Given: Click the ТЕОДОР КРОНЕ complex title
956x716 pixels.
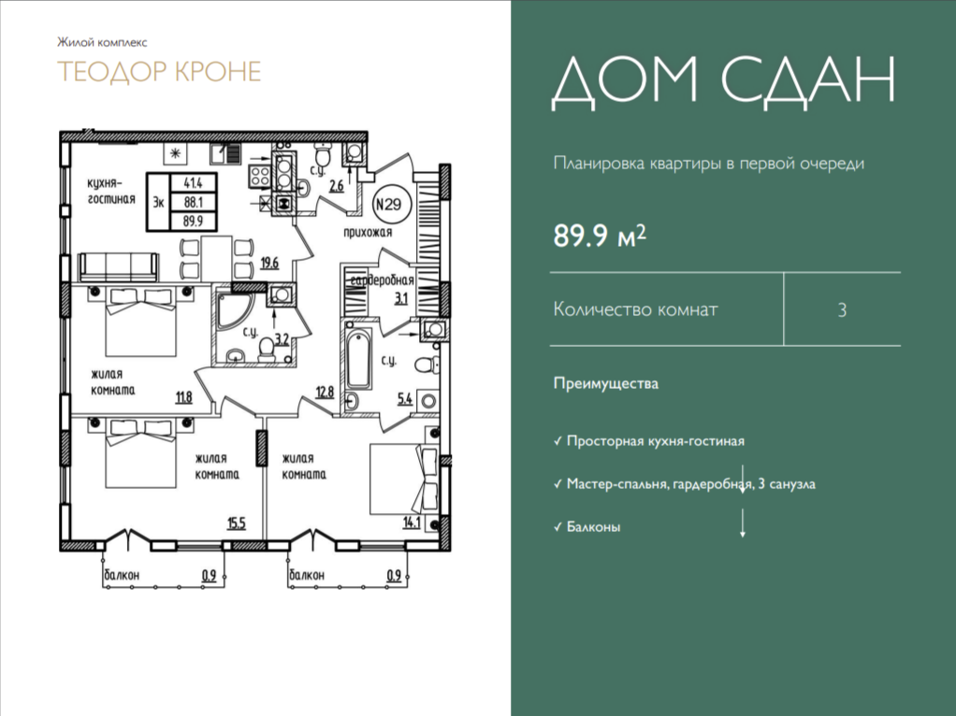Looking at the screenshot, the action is click(x=159, y=71).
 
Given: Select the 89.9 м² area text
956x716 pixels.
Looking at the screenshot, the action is click(x=600, y=236).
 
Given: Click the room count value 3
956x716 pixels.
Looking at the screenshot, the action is click(x=842, y=310).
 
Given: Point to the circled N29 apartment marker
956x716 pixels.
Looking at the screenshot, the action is click(x=388, y=204).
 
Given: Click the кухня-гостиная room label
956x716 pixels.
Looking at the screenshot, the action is click(x=111, y=191).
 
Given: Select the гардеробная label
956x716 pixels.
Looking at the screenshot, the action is click(x=382, y=280).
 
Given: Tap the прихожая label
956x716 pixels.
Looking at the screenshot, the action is click(x=368, y=232).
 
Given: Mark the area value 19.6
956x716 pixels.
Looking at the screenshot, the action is click(x=269, y=264).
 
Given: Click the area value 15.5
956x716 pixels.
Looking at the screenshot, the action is click(x=237, y=523).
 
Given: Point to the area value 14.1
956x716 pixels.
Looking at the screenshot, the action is click(x=412, y=523).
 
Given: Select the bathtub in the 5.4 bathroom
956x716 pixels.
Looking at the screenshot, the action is click(x=357, y=359).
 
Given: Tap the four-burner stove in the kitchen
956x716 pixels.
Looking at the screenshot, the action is click(x=259, y=176).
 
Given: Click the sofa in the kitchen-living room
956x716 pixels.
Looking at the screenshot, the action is click(x=118, y=267).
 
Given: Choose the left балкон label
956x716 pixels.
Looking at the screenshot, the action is click(x=122, y=575).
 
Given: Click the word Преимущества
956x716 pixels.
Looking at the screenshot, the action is click(x=606, y=384).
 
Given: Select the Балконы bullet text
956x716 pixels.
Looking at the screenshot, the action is click(x=593, y=526).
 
